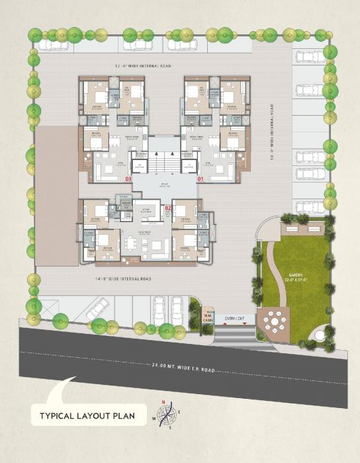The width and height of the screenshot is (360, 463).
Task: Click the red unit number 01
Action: pyautogui.click(x=201, y=179)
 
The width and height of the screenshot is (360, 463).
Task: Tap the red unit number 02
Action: pyautogui.click(x=168, y=208)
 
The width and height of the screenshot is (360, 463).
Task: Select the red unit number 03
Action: pyautogui.click(x=128, y=179)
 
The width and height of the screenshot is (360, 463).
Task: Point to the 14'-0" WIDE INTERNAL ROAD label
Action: pyautogui.click(x=124, y=279)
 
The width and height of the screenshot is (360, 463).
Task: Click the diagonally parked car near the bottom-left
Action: pyautogui.click(x=97, y=309)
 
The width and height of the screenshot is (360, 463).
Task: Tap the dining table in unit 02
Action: pyautogui.click(x=136, y=243)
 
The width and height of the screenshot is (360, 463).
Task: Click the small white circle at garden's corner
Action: pyautogui.click(x=320, y=336)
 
